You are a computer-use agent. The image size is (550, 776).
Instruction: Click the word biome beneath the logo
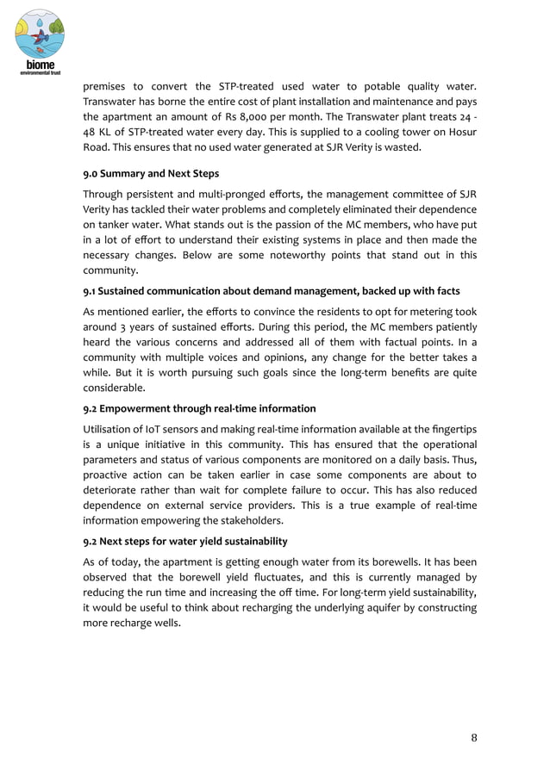point(40,65)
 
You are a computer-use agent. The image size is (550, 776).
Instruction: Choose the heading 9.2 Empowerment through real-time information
point(199,408)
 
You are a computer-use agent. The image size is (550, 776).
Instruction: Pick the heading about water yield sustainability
point(185,541)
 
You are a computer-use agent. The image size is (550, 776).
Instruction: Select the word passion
point(300,225)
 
